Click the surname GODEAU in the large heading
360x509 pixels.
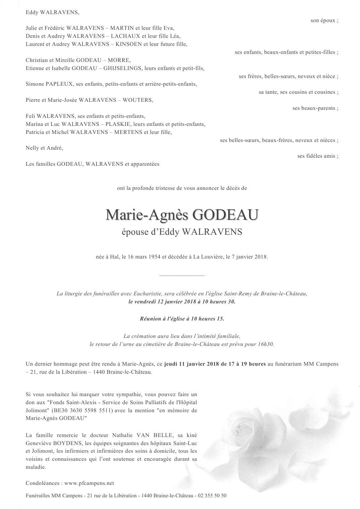pos(225,215)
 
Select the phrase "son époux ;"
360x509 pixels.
pos(324,20)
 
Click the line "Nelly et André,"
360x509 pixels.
pos(44,148)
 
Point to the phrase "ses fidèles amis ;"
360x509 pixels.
pos(317,156)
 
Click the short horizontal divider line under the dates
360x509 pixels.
pos(182,276)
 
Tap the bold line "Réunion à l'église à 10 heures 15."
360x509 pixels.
pos(182,319)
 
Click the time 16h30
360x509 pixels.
pos(267,344)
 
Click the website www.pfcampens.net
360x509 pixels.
pos(89,483)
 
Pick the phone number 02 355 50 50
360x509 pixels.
pos(213,496)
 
